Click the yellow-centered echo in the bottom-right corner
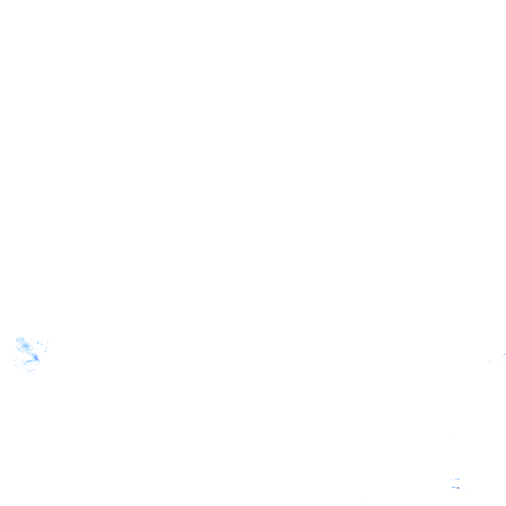click(458, 488)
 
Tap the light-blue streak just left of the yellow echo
click(453, 487)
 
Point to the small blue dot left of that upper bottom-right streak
click(451, 479)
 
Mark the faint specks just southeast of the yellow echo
click(464, 490)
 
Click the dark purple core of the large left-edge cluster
click(36, 357)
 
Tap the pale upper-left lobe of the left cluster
click(19, 340)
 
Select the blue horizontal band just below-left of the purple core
click(29, 362)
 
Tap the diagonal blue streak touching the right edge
click(504, 354)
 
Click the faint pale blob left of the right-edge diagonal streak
click(489, 361)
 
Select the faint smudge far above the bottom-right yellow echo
click(456, 438)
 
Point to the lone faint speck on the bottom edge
click(361, 503)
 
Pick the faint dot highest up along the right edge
click(503, 295)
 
